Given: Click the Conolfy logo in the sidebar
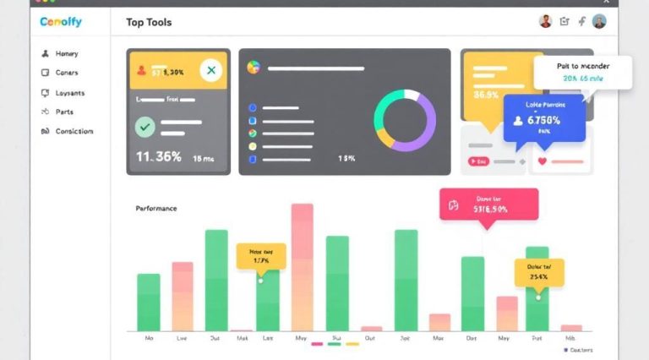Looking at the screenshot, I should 61,22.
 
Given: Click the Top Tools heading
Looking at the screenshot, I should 149,22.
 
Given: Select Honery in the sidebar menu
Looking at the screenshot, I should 66,53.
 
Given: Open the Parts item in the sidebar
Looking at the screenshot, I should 64,112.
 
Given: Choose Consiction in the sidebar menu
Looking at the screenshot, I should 74,131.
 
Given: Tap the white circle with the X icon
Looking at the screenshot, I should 211,71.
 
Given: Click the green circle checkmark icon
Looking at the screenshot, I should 145,128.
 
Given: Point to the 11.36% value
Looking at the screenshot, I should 159,156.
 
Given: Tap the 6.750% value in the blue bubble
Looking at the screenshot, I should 549,120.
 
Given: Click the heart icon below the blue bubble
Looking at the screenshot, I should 543,161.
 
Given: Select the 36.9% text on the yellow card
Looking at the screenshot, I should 486,95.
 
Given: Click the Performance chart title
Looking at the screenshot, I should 156,208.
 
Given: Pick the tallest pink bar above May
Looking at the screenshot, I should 303,266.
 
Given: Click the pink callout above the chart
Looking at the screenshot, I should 488,205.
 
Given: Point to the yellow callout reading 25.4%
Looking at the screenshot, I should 538,271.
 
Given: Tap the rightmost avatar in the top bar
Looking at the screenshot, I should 599,22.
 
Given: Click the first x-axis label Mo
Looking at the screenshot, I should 149,337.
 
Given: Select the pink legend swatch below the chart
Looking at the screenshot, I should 317,344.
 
